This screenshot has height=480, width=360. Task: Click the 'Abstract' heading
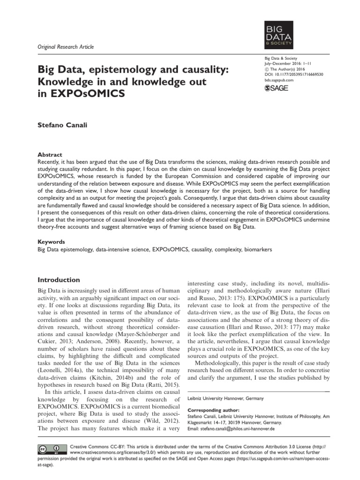(x=49, y=154)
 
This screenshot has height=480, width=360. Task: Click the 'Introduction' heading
(x=59, y=280)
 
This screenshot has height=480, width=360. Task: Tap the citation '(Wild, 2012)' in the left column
(x=158, y=421)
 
